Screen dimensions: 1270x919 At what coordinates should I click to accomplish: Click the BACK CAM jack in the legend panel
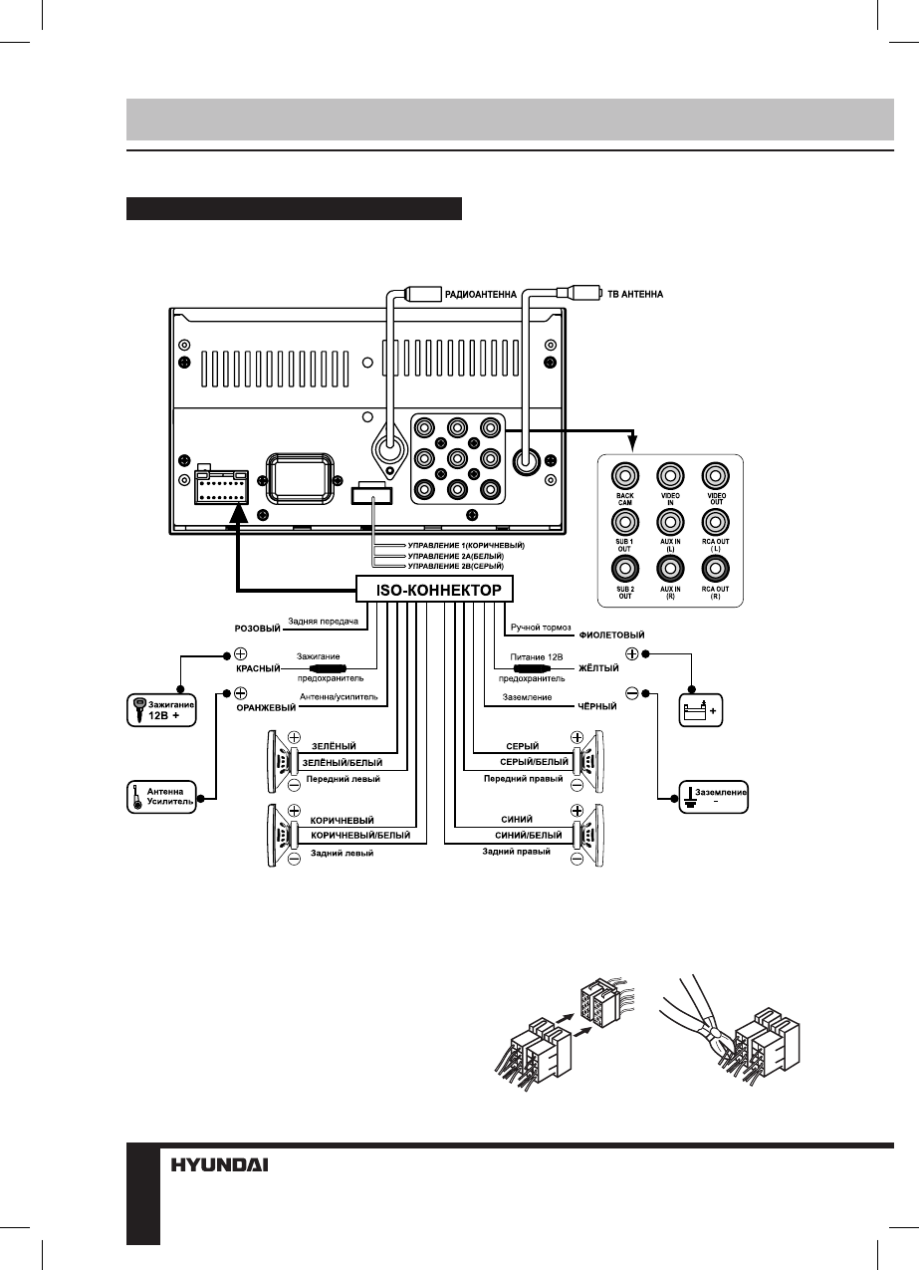(626, 473)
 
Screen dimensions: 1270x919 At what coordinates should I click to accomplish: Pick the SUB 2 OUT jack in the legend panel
(626, 570)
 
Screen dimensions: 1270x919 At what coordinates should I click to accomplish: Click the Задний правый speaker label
(516, 852)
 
